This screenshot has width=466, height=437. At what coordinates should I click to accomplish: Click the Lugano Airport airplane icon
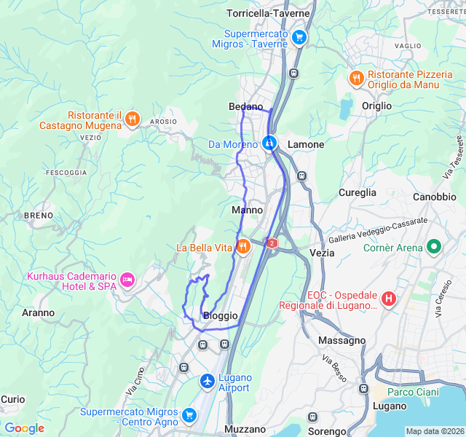208,381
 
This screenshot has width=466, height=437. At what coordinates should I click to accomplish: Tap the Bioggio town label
220,315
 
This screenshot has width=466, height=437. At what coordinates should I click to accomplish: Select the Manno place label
247,210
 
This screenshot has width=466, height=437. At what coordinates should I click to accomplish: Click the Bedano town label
245,106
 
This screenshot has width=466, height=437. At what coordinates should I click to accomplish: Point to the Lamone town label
306,144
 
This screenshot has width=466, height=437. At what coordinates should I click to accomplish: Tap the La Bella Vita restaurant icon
243,247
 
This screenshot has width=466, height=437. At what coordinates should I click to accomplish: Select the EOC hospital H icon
389,298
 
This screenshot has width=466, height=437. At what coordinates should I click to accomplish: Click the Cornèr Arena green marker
435,247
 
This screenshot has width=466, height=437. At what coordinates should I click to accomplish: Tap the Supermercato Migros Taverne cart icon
299,37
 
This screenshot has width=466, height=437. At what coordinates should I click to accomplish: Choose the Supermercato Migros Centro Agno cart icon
189,415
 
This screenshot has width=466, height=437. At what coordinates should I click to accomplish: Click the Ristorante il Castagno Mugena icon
132,119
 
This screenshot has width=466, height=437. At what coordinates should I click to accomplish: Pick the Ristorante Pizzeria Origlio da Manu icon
356,78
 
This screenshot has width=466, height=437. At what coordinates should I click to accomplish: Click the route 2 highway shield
272,243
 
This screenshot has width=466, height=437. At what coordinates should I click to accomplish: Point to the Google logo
24,428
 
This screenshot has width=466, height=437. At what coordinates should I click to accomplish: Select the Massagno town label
341,340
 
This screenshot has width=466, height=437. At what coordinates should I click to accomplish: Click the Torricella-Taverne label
268,13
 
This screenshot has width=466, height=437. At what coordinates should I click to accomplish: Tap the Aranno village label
38,312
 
